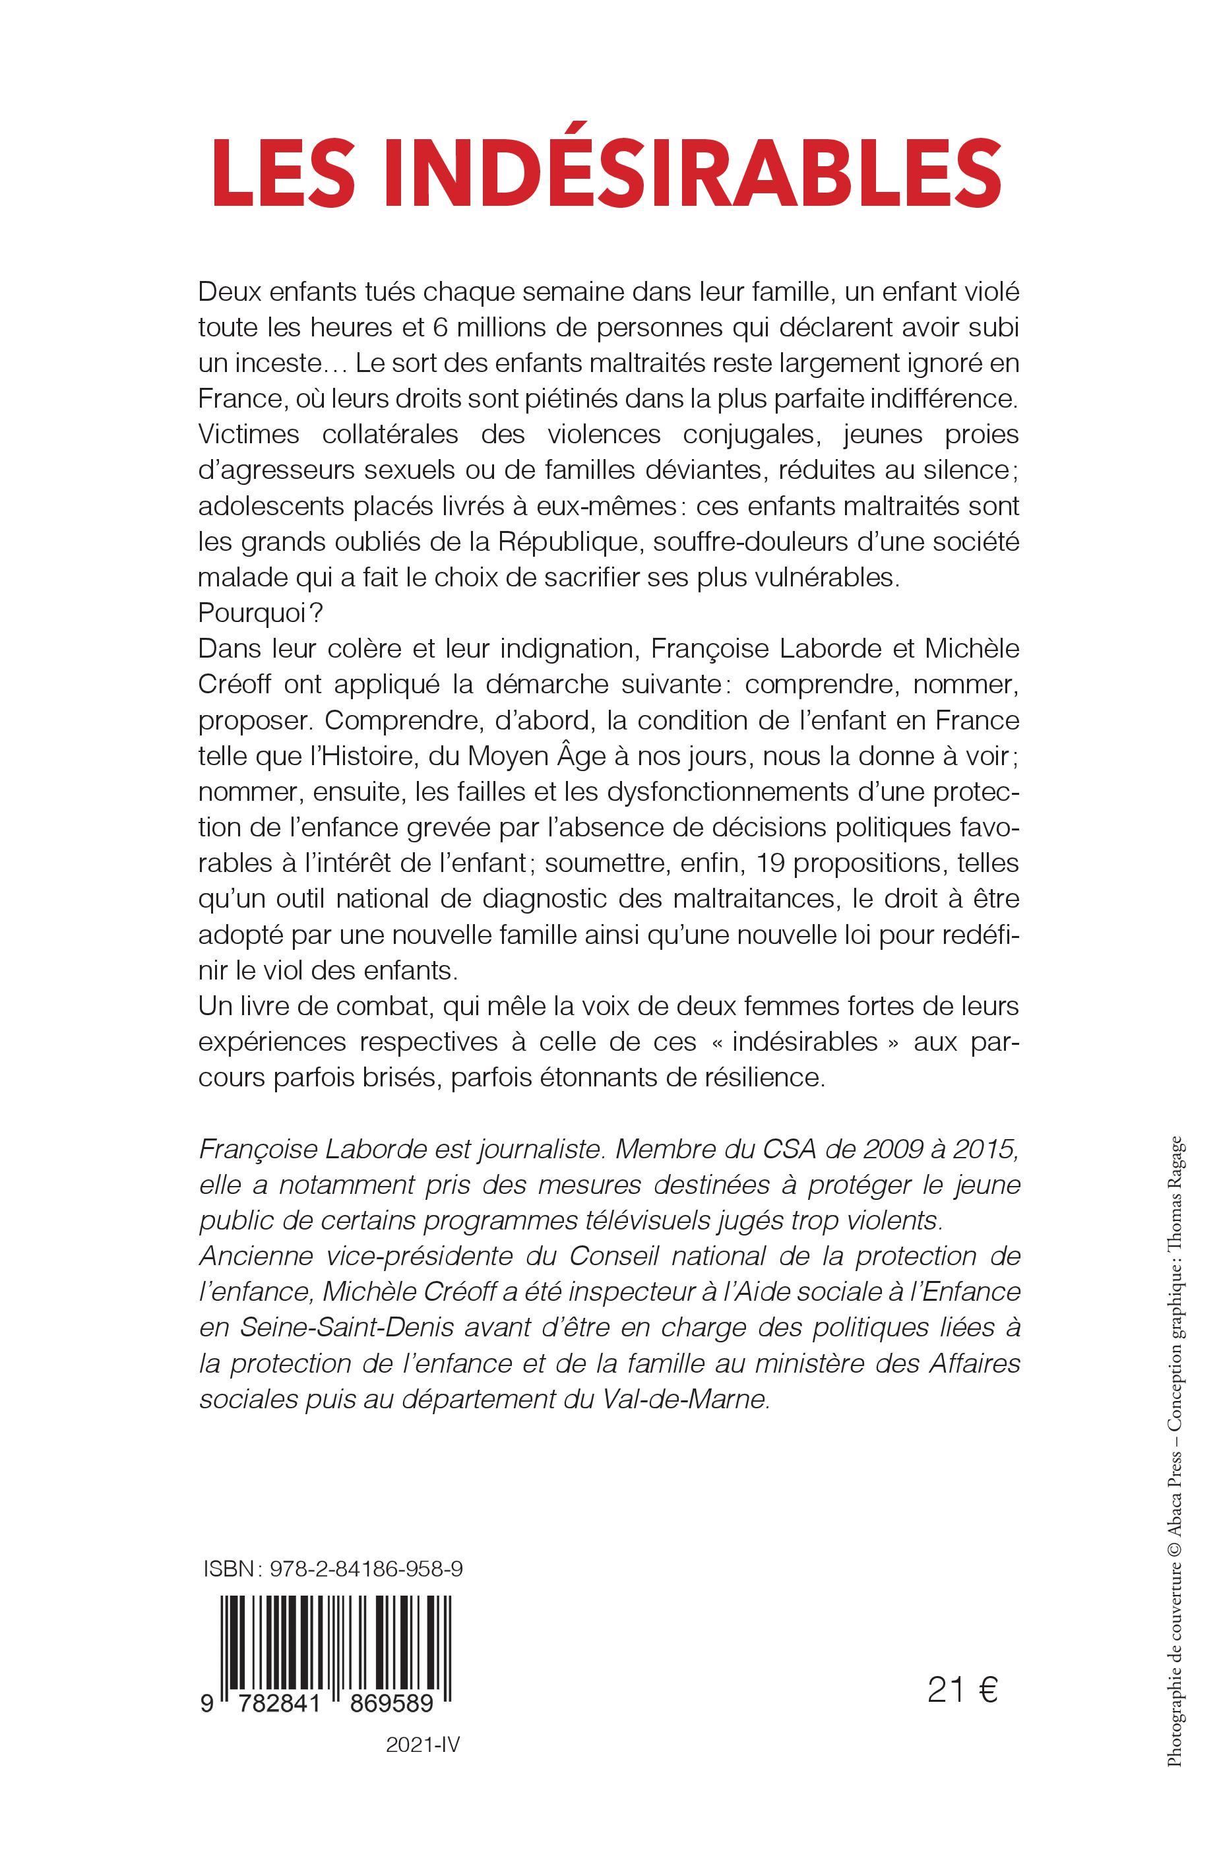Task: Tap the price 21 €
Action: coord(961,1690)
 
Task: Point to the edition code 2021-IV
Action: coord(422,1766)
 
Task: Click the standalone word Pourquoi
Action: coord(245,613)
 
